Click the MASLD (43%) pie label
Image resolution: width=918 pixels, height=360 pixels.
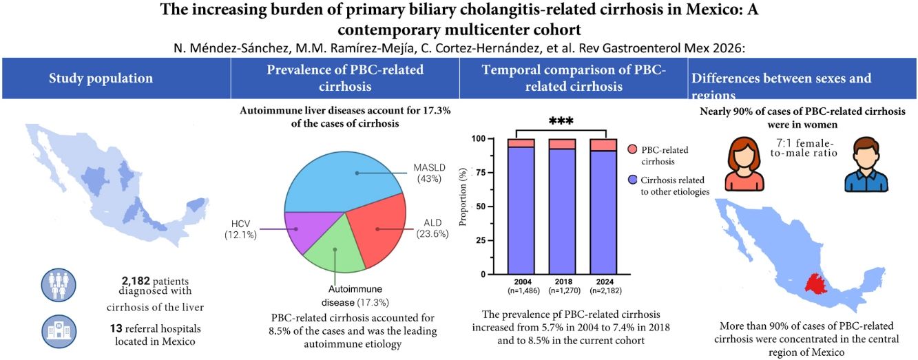click(x=429, y=173)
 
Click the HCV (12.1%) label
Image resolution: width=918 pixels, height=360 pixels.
click(x=240, y=229)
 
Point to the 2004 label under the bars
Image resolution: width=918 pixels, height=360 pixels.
click(x=523, y=282)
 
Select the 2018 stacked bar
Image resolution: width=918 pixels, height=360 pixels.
click(x=562, y=207)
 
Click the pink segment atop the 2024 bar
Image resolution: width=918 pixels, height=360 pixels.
click(x=603, y=145)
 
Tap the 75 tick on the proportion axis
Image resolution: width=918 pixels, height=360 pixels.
click(x=479, y=172)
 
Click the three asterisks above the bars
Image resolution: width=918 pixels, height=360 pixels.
click(x=561, y=121)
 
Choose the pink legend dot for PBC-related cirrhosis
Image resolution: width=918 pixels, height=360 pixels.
click(x=632, y=149)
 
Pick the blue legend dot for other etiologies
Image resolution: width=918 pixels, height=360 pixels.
click(x=632, y=180)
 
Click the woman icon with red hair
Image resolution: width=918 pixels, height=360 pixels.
click(x=744, y=164)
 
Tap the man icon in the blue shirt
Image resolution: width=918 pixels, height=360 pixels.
click(x=866, y=165)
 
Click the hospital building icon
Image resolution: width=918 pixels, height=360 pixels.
click(x=59, y=331)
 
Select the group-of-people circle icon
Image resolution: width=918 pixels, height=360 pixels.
click(x=59, y=285)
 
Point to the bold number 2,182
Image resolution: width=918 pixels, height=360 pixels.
click(x=136, y=281)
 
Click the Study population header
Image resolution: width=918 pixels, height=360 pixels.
click(x=101, y=78)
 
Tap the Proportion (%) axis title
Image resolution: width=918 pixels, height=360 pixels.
click(x=463, y=197)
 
